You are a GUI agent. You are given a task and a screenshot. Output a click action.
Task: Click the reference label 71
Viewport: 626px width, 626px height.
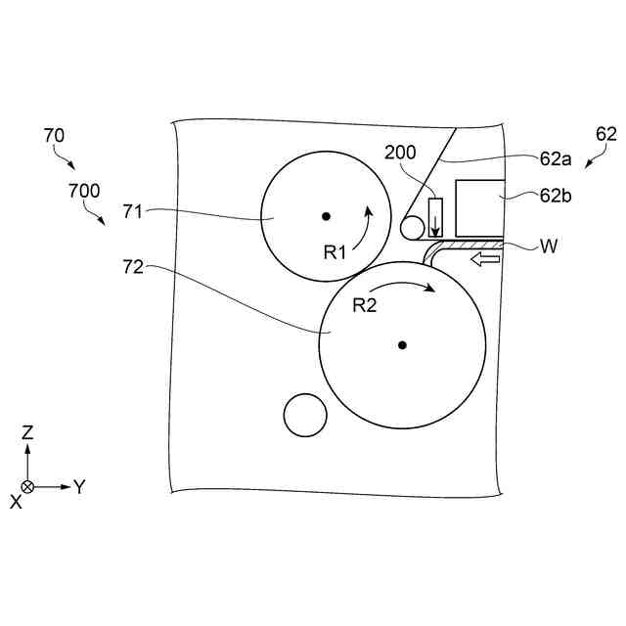(x=134, y=209)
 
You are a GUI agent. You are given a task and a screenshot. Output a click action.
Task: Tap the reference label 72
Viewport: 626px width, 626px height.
(x=134, y=265)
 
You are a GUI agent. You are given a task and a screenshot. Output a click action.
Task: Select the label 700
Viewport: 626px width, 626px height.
(x=83, y=191)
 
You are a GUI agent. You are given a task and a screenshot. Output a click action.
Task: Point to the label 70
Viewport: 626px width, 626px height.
(x=55, y=136)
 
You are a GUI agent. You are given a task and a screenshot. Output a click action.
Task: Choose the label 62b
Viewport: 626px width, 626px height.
(x=556, y=195)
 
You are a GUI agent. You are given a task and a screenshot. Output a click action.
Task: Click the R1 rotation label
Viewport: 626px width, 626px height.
(x=335, y=251)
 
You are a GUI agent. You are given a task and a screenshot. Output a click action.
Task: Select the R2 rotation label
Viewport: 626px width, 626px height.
(x=364, y=305)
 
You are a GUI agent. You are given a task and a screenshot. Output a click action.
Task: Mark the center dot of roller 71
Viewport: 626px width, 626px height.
(x=327, y=216)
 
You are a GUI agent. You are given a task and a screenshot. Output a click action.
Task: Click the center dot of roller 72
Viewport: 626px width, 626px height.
(x=402, y=344)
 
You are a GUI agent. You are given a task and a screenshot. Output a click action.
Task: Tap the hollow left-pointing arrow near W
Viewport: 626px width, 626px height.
(x=485, y=259)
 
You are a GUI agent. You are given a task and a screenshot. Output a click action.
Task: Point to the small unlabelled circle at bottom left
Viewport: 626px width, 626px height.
(x=304, y=416)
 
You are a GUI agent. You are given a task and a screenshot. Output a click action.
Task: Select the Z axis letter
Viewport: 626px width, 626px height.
(x=28, y=431)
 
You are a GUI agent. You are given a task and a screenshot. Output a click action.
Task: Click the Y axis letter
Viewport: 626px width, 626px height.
(x=79, y=486)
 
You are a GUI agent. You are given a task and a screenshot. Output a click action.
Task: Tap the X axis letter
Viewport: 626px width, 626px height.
(x=16, y=500)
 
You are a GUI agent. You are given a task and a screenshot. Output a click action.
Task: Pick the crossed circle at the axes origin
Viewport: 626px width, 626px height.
(x=28, y=486)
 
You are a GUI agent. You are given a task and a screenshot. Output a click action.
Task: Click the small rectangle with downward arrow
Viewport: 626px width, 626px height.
(x=435, y=219)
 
